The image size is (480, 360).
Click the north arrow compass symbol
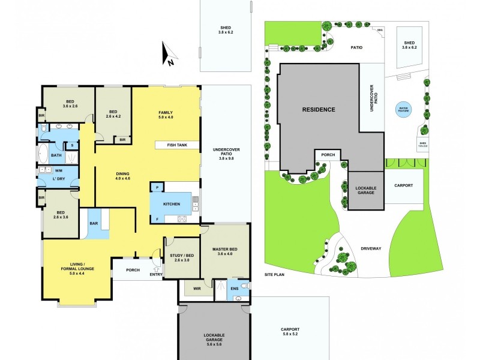coord(169,54)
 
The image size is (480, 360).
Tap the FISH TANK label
coord(176,145)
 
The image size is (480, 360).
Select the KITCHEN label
coord(172,205)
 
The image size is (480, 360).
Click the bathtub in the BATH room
coord(44,155)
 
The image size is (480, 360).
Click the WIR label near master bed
coord(196,289)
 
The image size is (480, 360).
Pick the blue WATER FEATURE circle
coord(402,109)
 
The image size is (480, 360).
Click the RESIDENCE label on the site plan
coord(318,109)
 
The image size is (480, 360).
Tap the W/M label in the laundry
coord(47,170)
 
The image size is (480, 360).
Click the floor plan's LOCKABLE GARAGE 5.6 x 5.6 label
coord(214,337)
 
